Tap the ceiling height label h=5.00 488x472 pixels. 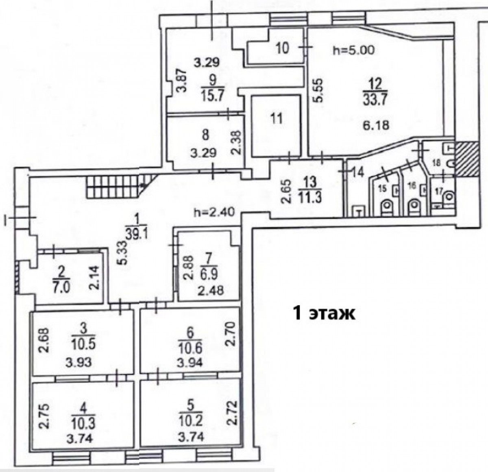tap(353, 51)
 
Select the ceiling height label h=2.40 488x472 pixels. tap(214, 213)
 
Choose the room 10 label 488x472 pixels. tap(282, 49)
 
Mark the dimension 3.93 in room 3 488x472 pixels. tap(78, 362)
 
